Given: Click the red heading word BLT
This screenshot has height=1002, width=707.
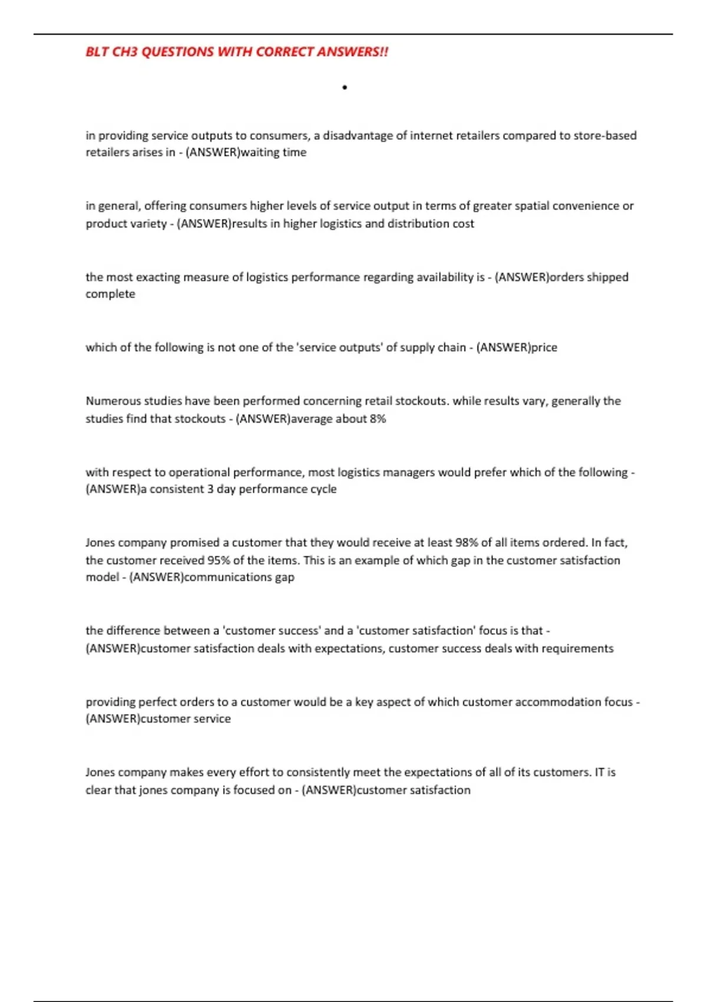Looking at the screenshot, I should click(97, 52).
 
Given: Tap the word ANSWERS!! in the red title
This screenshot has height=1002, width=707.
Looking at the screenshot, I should click(352, 52).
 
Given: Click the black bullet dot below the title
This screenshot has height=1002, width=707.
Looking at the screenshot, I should click(345, 88).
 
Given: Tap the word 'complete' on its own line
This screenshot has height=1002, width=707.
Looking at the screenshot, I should click(110, 294).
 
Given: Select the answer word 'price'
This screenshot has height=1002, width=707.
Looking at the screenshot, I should click(544, 347).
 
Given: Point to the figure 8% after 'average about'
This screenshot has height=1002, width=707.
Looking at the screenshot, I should click(378, 418).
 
